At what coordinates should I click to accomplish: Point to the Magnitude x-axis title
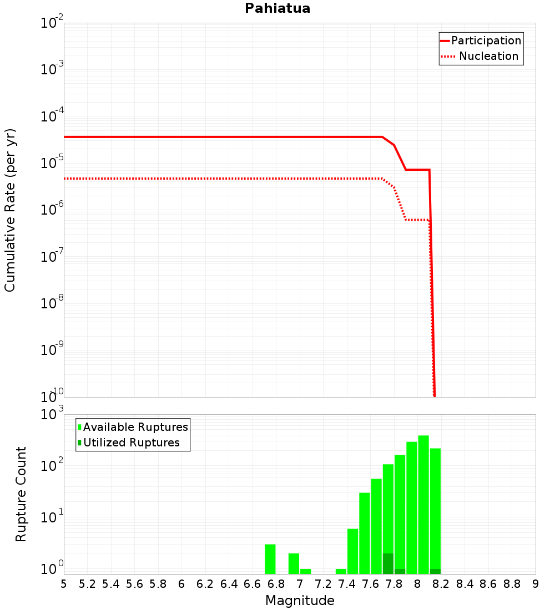pyautogui.click(x=300, y=601)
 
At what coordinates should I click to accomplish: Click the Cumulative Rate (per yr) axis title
pyautogui.click(x=10, y=210)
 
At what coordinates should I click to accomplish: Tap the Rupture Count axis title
pyautogui.click(x=21, y=494)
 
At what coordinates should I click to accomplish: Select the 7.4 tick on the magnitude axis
pyautogui.click(x=347, y=584)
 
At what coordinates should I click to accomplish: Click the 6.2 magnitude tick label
pyautogui.click(x=205, y=584)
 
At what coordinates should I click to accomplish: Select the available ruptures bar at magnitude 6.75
pyautogui.click(x=270, y=559)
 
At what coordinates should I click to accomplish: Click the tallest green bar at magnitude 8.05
pyautogui.click(x=423, y=505)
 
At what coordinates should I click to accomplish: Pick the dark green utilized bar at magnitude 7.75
pyautogui.click(x=388, y=563)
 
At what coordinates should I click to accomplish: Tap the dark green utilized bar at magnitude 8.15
pyautogui.click(x=435, y=571)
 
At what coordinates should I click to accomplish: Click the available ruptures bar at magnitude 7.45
pyautogui.click(x=353, y=551)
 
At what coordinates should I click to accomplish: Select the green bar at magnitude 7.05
pyautogui.click(x=306, y=571)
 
